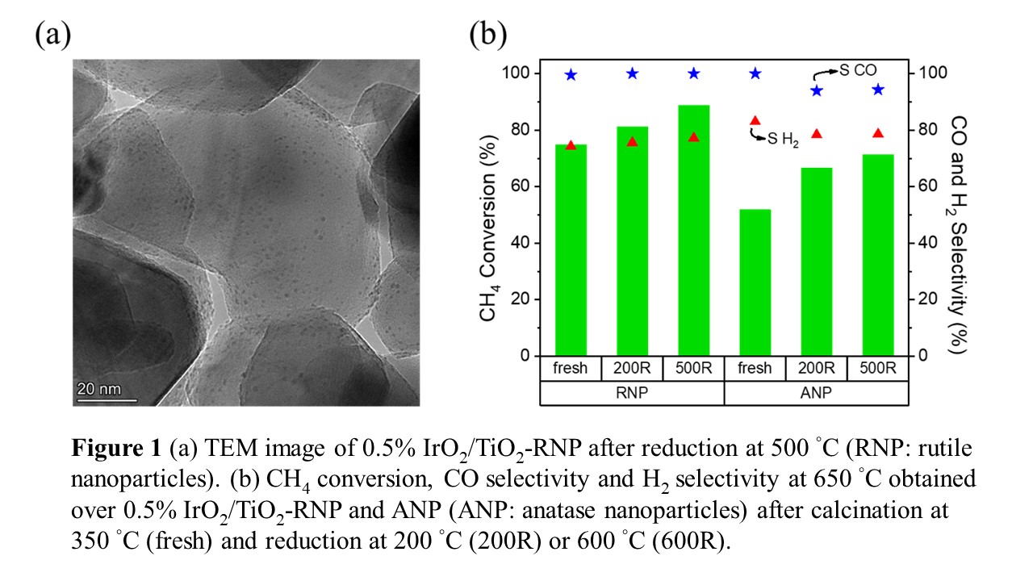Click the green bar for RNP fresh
point(571,250)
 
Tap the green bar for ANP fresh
point(755,282)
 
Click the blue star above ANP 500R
point(878,90)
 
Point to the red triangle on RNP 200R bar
point(632,142)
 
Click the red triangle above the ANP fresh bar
point(755,121)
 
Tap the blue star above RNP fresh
point(571,75)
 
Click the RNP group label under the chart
point(632,394)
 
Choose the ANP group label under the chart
point(816,394)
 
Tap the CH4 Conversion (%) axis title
point(487,214)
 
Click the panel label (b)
point(487,34)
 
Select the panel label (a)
point(53,34)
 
